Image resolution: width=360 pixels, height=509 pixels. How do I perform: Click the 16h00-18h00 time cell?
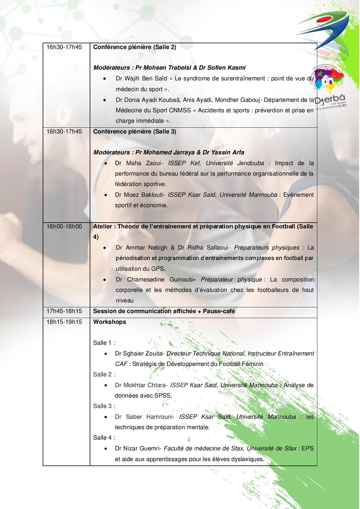pyautogui.click(x=64, y=226)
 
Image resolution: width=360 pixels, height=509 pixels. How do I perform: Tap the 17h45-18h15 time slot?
pyautogui.click(x=64, y=311)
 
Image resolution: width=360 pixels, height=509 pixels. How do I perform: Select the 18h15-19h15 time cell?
pyautogui.click(x=64, y=322)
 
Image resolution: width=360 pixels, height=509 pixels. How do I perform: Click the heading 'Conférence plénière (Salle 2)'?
pyautogui.click(x=134, y=47)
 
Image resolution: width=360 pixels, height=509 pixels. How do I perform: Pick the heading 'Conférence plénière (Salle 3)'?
pyautogui.click(x=134, y=131)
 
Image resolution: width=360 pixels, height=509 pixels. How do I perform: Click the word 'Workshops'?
pyautogui.click(x=109, y=322)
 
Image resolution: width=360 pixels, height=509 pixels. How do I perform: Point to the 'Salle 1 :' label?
pyautogui.click(x=104, y=343)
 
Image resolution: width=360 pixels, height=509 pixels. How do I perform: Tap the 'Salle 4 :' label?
pyautogui.click(x=104, y=438)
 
